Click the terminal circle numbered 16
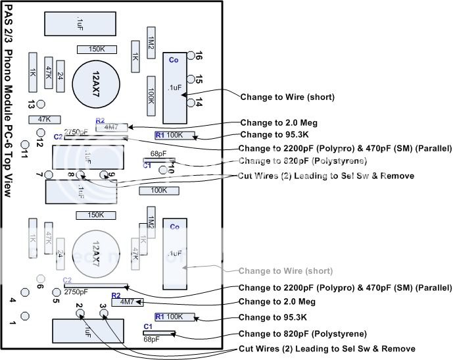[x=191, y=55]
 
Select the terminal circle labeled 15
[x=191, y=79]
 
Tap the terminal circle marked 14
[x=191, y=102]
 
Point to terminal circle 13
[x=41, y=104]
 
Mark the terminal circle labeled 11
[x=25, y=144]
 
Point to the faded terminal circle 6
[x=41, y=278]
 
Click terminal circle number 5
[x=56, y=293]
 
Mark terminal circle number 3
[x=104, y=314]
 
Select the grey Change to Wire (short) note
[x=285, y=271]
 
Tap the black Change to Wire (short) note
[x=287, y=97]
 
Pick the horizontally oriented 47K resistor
[x=45, y=120]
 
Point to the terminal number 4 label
[x=12, y=300]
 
